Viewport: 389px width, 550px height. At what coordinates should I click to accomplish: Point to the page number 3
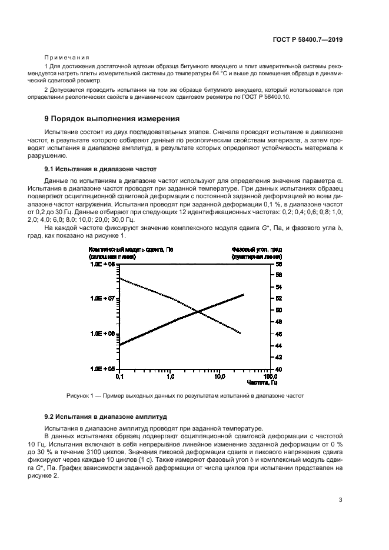click(341, 500)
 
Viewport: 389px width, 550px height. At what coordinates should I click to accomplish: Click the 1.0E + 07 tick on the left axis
click(102, 299)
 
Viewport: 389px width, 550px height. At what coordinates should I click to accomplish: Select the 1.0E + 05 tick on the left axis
click(102, 369)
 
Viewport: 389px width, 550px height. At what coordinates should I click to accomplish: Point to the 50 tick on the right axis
click(280, 310)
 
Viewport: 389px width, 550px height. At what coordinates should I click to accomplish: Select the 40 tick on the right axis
click(280, 369)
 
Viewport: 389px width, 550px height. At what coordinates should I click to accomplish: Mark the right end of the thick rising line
click(243, 295)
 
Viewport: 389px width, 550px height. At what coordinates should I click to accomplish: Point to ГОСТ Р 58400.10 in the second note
click(265, 97)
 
